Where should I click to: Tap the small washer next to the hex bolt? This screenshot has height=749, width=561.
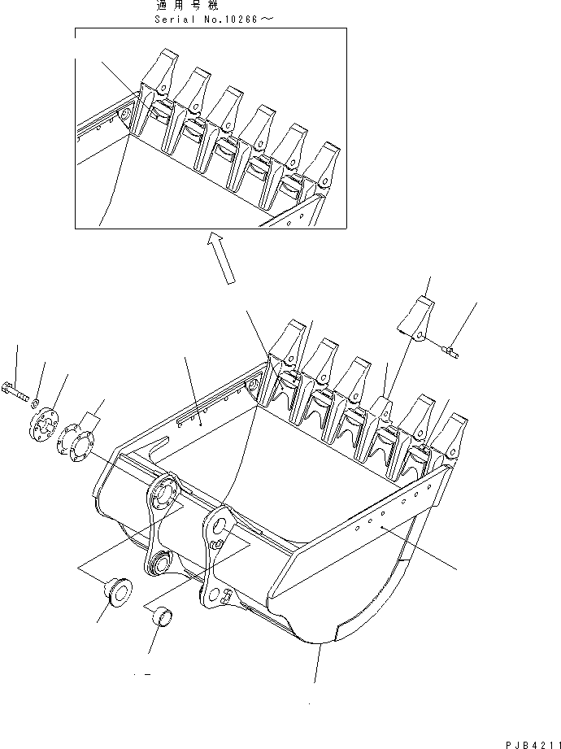36,401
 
